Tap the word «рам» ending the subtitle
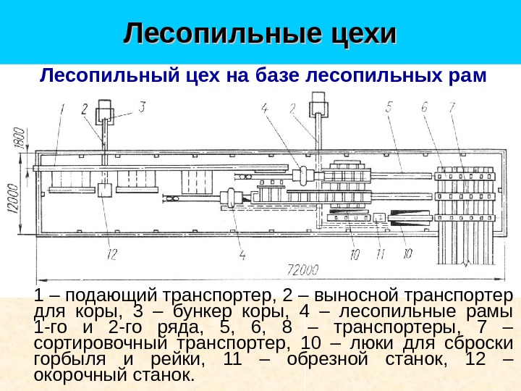tap(462, 75)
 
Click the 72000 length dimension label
tap(303, 271)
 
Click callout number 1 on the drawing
tap(63, 110)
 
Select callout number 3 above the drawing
tap(143, 107)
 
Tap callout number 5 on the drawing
tap(389, 107)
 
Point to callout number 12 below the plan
tap(112, 253)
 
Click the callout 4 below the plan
tap(242, 254)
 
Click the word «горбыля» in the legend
tap(67, 359)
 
